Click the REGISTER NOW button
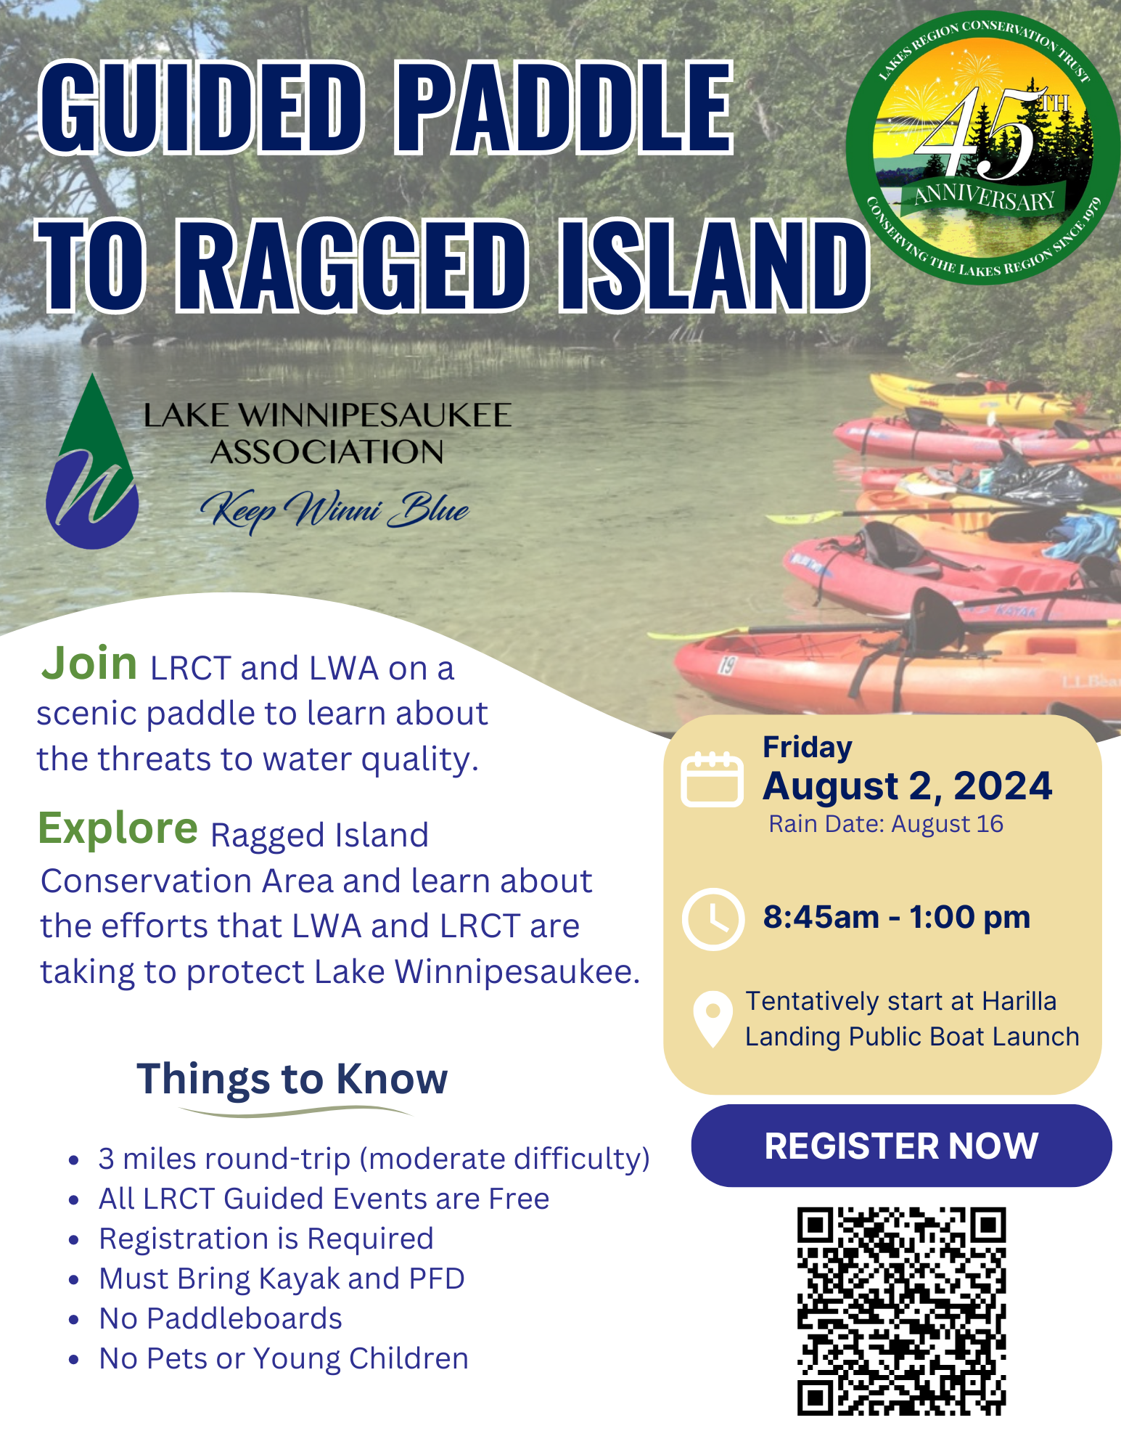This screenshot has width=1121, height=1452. (901, 1146)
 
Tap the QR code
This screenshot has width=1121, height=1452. (901, 1311)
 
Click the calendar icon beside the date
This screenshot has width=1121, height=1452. (712, 780)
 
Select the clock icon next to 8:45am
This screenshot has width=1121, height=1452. (713, 918)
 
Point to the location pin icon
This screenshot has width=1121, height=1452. (713, 1019)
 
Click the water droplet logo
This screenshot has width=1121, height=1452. (92, 462)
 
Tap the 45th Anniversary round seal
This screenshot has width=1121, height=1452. (983, 147)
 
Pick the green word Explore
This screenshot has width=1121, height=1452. (118, 828)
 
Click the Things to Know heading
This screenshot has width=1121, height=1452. (292, 1078)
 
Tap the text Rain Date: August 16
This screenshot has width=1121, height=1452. (886, 824)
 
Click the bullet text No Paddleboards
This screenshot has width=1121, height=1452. (221, 1318)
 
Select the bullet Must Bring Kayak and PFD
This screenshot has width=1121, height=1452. (282, 1278)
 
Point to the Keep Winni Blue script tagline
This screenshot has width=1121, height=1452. (334, 510)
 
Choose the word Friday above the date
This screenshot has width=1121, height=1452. (808, 748)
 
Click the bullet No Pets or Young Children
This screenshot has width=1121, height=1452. (284, 1358)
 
